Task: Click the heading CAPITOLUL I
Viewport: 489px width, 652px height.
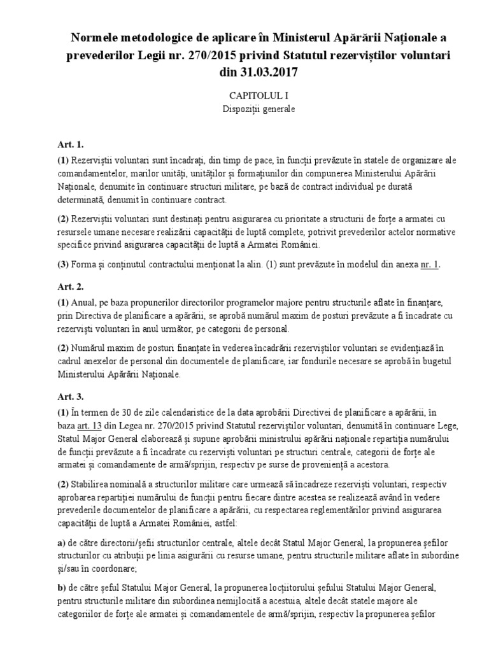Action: pyautogui.click(x=244, y=95)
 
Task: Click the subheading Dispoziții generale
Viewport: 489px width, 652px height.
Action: pyautogui.click(x=244, y=108)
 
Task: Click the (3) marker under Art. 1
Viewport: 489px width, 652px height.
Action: pyautogui.click(x=62, y=266)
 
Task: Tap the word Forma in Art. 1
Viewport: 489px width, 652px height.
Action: pyautogui.click(x=86, y=266)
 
